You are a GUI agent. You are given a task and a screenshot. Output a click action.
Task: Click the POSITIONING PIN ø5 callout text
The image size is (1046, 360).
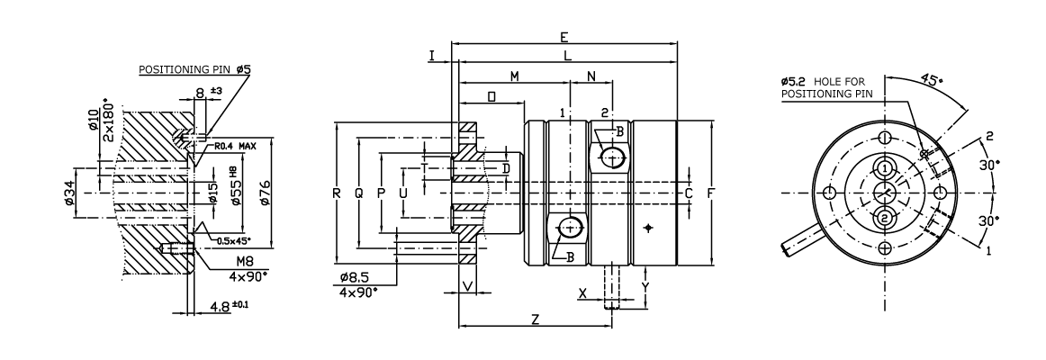pos(194,69)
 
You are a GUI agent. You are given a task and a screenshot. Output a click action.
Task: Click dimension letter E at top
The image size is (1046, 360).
pos(564,37)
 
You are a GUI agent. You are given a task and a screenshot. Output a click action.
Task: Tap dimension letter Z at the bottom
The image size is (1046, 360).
pos(535,319)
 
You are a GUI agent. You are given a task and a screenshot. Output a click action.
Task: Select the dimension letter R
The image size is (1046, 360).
pos(337,193)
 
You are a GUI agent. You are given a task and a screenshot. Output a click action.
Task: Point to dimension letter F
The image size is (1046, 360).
pos(711,193)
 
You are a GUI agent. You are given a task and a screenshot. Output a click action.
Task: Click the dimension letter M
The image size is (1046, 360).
pos(514,76)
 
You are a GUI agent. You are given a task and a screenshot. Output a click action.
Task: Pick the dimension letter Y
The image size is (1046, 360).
pos(645,287)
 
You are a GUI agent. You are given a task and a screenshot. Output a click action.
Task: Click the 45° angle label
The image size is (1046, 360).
pos(933,78)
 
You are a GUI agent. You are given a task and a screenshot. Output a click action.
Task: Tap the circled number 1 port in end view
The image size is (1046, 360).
pos(885,168)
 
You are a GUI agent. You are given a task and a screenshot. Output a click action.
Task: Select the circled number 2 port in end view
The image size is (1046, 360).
pos(885,218)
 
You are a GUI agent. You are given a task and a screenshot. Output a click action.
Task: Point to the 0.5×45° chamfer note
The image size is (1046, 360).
pos(233,241)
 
